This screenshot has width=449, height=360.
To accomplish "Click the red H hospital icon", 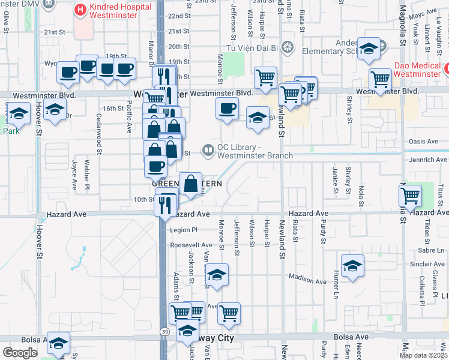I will [x=79, y=10].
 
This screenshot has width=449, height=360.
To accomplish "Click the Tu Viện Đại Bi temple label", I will [x=252, y=47].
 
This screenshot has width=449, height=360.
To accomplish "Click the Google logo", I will [x=20, y=352].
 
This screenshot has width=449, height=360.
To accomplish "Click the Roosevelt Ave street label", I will [x=191, y=245].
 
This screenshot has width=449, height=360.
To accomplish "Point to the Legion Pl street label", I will [x=184, y=230].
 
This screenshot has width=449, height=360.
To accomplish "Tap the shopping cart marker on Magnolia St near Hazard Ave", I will [x=410, y=195].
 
